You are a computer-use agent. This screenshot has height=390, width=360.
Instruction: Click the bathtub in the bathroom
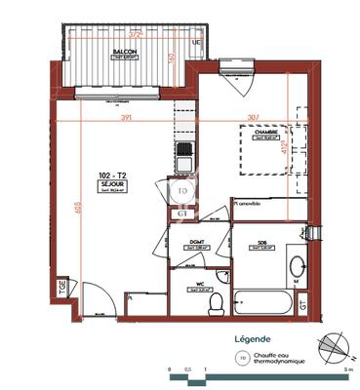point(264,301)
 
